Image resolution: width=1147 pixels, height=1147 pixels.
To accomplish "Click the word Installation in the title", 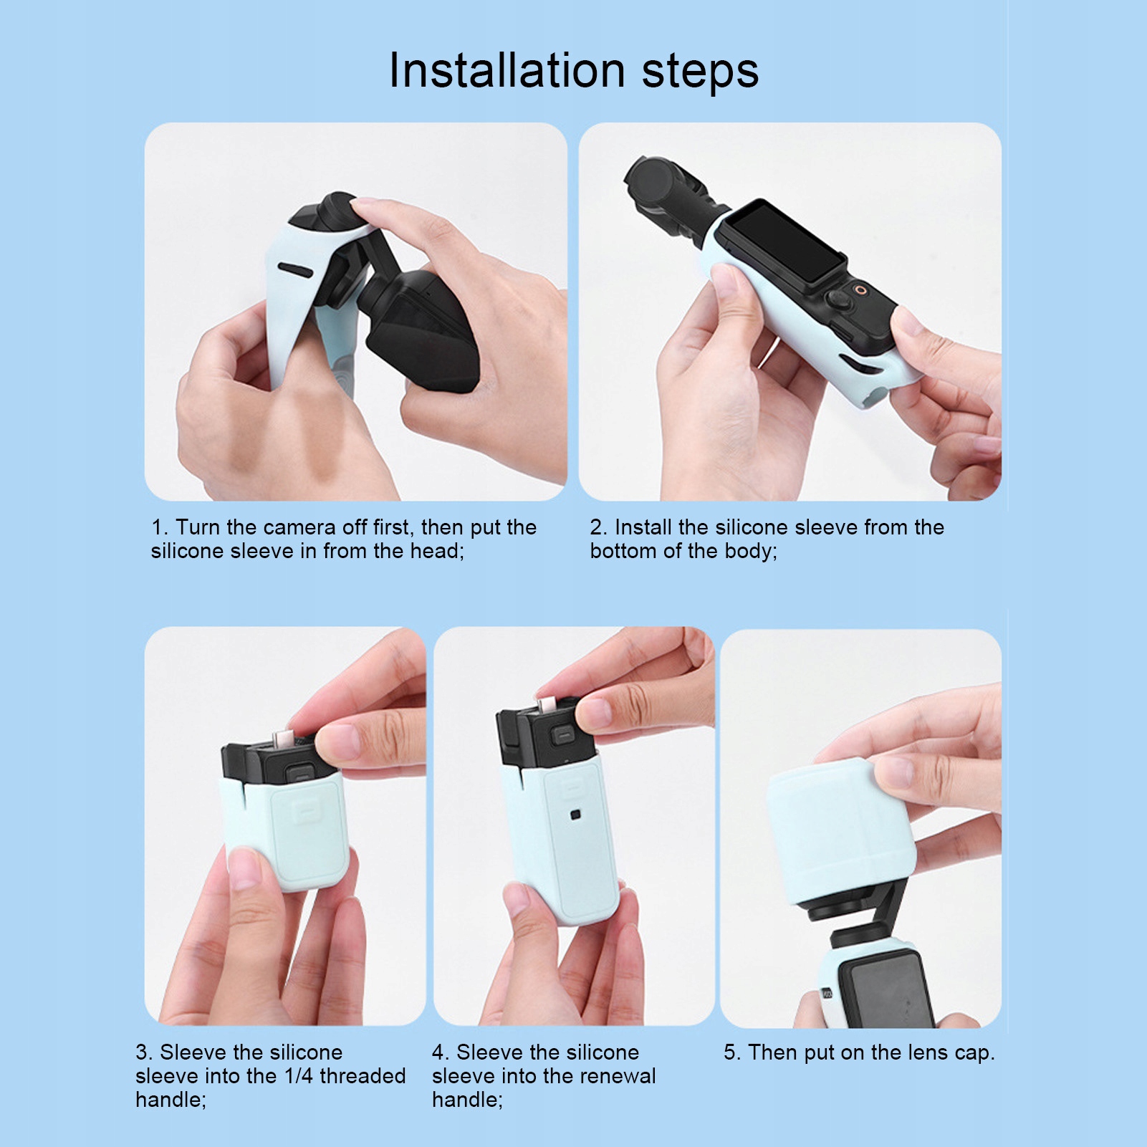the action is (x=507, y=71).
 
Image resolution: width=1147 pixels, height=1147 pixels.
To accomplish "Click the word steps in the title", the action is (x=700, y=72).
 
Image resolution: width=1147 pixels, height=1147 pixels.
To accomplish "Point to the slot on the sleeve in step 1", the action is (x=295, y=270).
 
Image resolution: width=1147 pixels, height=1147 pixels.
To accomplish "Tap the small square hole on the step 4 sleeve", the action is (x=575, y=815).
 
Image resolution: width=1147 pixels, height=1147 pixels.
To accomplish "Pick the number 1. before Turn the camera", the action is (x=160, y=527).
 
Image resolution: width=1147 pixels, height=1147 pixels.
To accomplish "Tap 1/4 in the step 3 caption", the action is (x=299, y=1076).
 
